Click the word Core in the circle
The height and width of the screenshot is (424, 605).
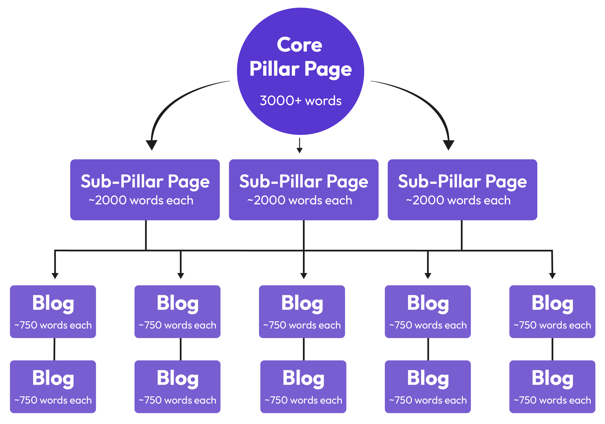pyautogui.click(x=299, y=45)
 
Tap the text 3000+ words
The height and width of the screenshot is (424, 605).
pyautogui.click(x=300, y=101)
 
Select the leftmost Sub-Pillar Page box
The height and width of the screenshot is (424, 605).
pyautogui.click(x=145, y=190)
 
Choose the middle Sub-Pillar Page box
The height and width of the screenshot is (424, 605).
pyautogui.click(x=304, y=190)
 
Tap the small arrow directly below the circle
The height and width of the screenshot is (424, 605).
pyautogui.click(x=299, y=150)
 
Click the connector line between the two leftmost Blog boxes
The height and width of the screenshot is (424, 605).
pyautogui.click(x=54, y=349)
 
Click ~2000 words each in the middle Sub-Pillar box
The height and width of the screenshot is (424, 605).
pyautogui.click(x=300, y=200)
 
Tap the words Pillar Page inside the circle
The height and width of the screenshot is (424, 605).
pyautogui.click(x=300, y=69)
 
